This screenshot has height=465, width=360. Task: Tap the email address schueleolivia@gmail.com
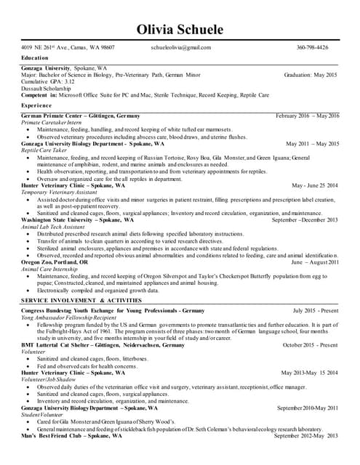coord(181,48)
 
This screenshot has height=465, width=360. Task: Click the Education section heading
coord(35,57)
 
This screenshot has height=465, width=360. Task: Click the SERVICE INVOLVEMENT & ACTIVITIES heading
coord(81,300)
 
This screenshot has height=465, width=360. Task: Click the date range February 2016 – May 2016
coord(307,116)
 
